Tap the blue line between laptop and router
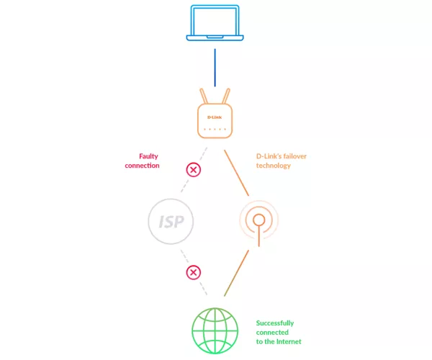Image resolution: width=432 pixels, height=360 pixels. [215, 68]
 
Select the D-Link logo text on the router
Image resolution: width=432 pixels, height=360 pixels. [215, 117]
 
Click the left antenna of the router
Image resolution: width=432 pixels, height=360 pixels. [204, 96]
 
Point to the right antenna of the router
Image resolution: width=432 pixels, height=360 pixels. [226, 96]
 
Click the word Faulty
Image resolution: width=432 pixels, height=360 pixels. [148, 156]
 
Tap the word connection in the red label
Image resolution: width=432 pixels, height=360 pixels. [142, 166]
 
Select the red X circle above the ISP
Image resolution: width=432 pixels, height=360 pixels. [194, 170]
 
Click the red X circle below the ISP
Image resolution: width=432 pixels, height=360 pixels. [194, 272]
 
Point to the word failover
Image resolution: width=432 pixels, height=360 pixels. [294, 156]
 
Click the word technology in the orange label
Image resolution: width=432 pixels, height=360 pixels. [274, 166]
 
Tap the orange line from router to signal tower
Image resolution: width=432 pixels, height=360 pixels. [236, 173]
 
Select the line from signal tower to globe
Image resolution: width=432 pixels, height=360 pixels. [236, 273]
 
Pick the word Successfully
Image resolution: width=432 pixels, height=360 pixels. [275, 323]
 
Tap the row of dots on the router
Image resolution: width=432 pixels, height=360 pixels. [215, 129]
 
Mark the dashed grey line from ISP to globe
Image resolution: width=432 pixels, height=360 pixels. [194, 272]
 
